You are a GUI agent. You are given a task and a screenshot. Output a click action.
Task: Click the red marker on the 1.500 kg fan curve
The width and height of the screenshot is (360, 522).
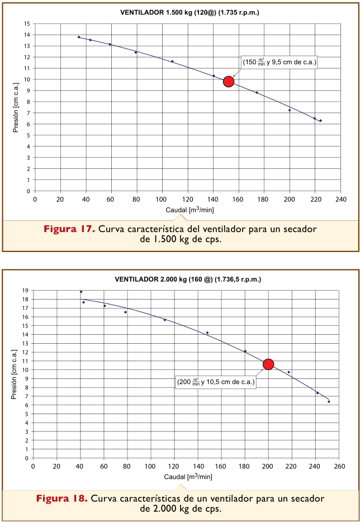(228, 82)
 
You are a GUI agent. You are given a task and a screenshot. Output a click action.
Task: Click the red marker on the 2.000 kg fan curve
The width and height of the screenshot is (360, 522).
(268, 364)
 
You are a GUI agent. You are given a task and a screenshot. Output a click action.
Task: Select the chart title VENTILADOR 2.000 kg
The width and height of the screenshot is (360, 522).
(188, 279)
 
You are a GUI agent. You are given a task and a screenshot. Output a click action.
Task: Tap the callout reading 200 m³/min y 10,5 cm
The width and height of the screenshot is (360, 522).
(216, 383)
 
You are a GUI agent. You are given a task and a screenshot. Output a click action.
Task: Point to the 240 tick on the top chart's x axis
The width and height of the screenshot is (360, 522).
(340, 198)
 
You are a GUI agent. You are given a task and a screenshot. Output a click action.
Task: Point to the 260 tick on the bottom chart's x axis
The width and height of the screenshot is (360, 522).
(339, 466)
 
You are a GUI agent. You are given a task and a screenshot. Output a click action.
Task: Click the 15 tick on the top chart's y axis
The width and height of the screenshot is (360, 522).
(26, 23)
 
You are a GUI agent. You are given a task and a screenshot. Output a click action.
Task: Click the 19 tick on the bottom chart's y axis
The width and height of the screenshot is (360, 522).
(25, 291)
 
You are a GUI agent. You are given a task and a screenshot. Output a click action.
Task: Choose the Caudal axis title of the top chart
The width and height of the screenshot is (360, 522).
(190, 210)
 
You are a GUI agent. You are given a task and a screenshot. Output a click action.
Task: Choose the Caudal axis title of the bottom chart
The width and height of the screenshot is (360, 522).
(188, 477)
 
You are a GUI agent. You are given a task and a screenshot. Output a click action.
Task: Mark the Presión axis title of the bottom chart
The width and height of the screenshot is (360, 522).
(15, 374)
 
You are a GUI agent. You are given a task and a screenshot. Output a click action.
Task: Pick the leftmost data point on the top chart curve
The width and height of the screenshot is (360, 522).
(79, 37)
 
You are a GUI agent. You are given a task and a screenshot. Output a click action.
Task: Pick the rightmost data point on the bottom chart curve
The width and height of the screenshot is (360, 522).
(329, 401)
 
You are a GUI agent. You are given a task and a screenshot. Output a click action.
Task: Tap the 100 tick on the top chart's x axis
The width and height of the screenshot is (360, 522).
(162, 198)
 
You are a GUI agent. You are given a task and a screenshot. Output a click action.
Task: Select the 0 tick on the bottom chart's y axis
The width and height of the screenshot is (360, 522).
(27, 458)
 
